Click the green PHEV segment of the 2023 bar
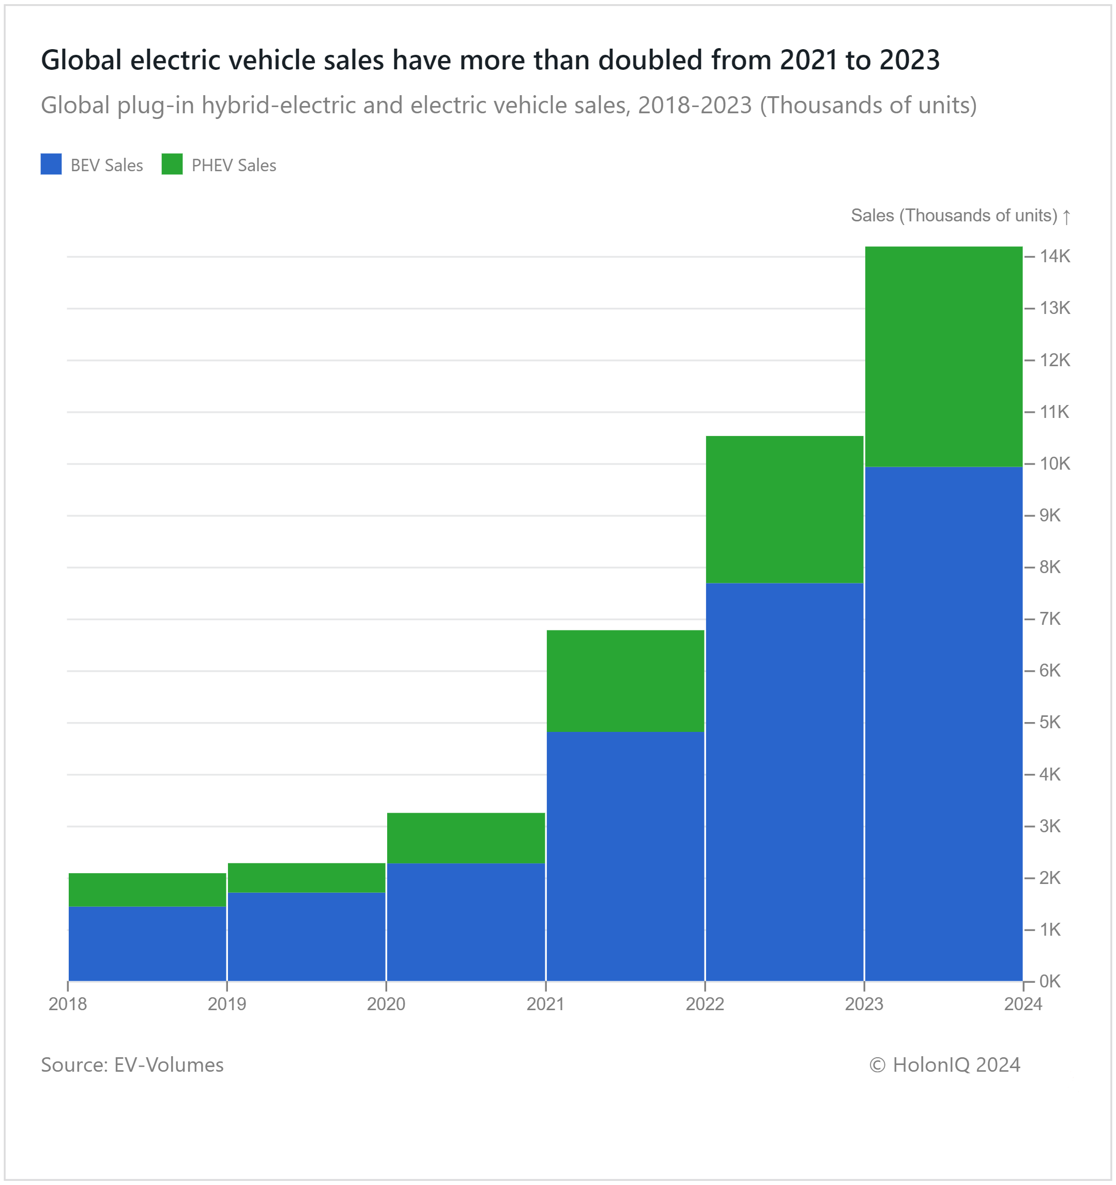point(943,356)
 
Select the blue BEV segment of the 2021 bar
point(625,856)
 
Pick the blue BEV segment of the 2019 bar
point(306,936)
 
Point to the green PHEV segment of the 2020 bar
point(466,837)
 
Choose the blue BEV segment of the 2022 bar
point(784,782)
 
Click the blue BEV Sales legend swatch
point(51,164)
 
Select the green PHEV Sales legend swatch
point(172,164)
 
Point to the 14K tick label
point(1054,257)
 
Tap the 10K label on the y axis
point(1054,464)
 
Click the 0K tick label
point(1050,981)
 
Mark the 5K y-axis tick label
point(1050,723)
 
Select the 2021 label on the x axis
point(545,1004)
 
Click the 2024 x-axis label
point(1023,1004)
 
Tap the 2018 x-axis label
point(68,1004)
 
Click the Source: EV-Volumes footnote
point(132,1064)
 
